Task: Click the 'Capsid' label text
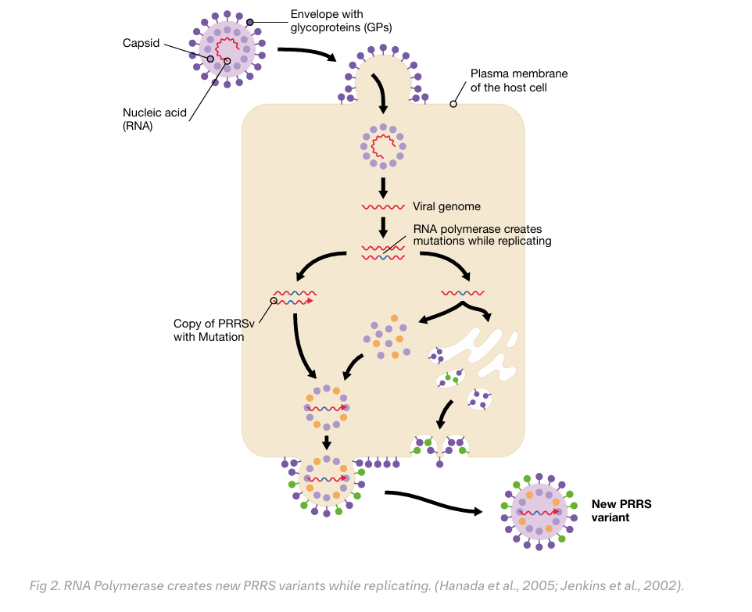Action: pyautogui.click(x=141, y=43)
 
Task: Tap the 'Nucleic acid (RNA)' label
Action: pyautogui.click(x=154, y=119)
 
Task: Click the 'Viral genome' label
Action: pyautogui.click(x=446, y=207)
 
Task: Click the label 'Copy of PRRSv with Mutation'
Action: pyautogui.click(x=209, y=330)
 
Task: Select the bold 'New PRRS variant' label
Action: pyautogui.click(x=621, y=510)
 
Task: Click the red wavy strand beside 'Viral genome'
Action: pyautogui.click(x=382, y=208)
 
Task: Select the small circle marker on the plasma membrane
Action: pyautogui.click(x=453, y=104)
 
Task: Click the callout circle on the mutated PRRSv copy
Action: pyautogui.click(x=274, y=300)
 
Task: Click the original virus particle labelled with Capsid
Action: pyautogui.click(x=227, y=48)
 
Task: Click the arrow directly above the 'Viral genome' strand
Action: pyautogui.click(x=383, y=188)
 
